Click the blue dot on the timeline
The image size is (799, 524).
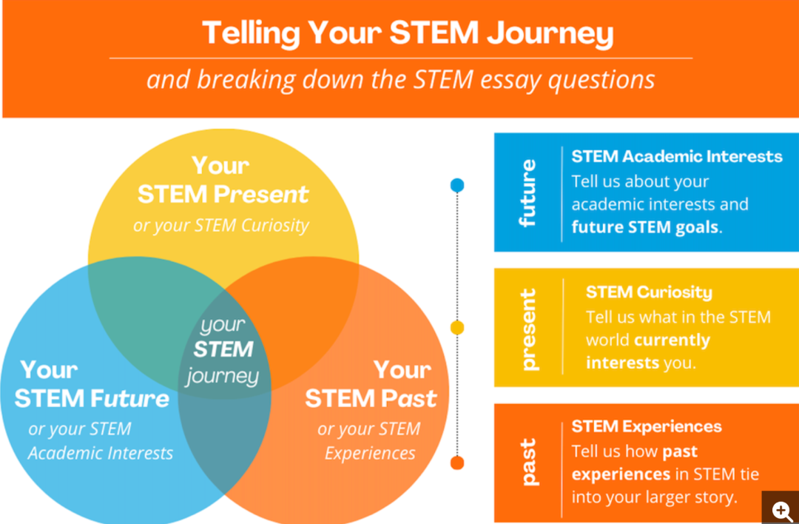pos(457,185)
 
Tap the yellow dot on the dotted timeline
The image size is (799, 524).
pos(457,328)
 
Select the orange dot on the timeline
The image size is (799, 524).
pos(457,463)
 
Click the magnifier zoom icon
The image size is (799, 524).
pos(781,508)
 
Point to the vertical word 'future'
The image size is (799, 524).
pos(528,192)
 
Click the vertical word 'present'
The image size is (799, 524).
pos(528,329)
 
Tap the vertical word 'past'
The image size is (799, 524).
pos(528,462)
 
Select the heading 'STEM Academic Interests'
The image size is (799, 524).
pos(677,156)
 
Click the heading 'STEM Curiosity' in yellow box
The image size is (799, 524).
pos(649,292)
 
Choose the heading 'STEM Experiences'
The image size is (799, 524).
pos(647,426)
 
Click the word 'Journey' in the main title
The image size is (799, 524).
pos(550,33)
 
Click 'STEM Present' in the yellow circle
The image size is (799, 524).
pos(223,194)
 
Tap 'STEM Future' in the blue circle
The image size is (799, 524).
pos(92,399)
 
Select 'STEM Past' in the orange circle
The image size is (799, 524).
pos(371,399)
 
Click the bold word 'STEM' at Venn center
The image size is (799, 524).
pos(223,349)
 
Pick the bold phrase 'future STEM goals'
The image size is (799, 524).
pos(645,226)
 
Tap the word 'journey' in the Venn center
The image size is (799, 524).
pos(223,376)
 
